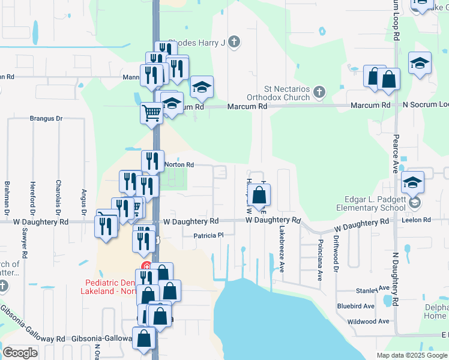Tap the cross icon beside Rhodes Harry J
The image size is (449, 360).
coord(234,42)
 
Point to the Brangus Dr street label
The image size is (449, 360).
coord(46,119)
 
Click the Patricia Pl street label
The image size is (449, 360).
coord(208,236)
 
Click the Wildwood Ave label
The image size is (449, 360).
coord(369,322)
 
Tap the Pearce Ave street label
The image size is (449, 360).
coord(396,153)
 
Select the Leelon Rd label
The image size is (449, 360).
coord(419,220)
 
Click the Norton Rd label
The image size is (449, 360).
coord(179,164)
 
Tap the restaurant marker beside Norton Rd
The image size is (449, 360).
coord(152,161)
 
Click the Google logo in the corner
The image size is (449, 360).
coord(20,352)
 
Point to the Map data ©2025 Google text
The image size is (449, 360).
coord(411,355)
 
